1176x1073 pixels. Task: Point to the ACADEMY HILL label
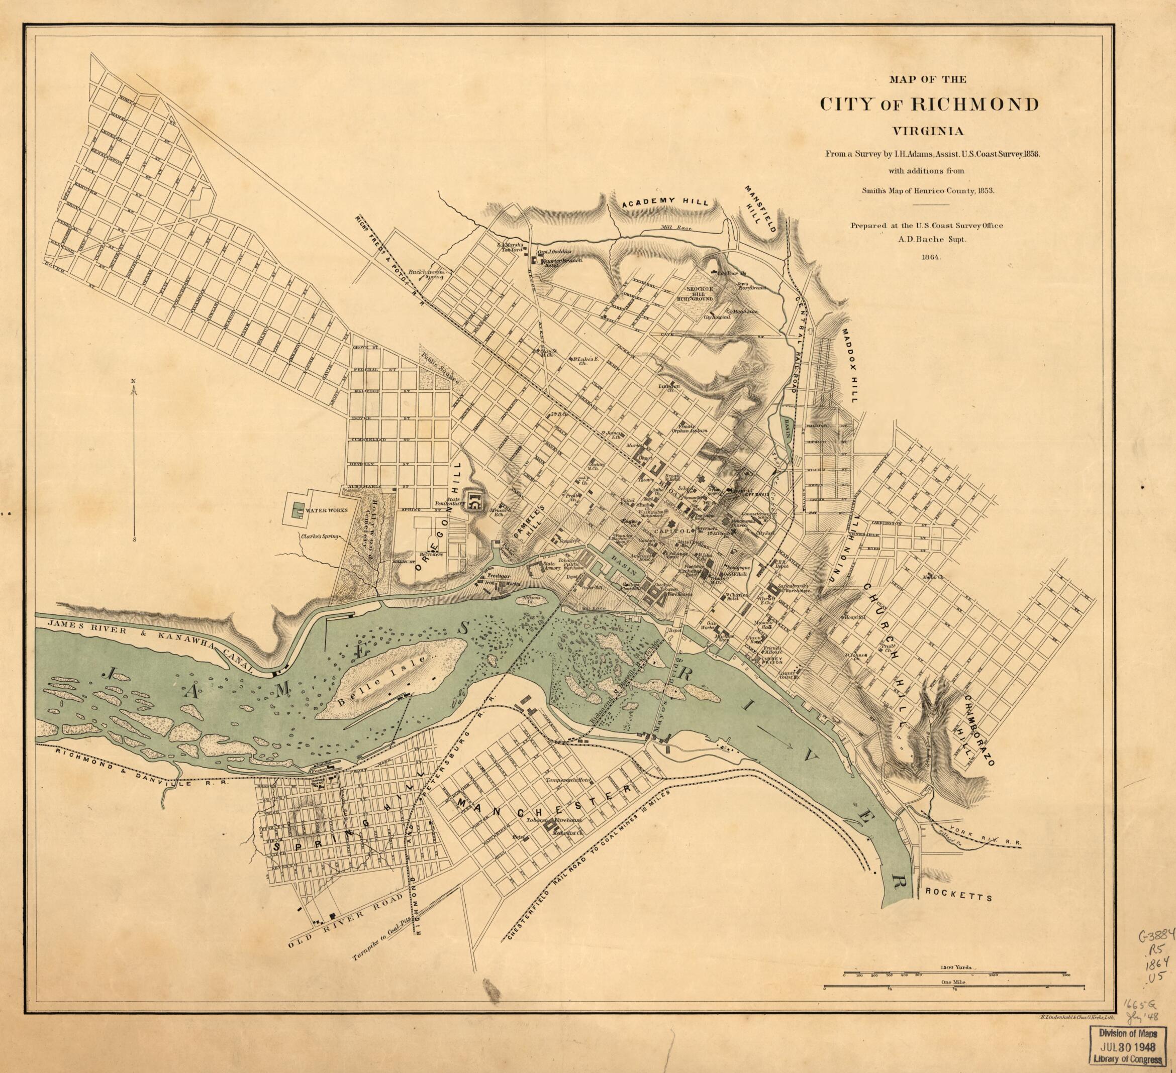pyautogui.click(x=664, y=202)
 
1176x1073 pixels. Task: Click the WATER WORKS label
pyautogui.click(x=326, y=510)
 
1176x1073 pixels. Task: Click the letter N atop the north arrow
pyautogui.click(x=134, y=381)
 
